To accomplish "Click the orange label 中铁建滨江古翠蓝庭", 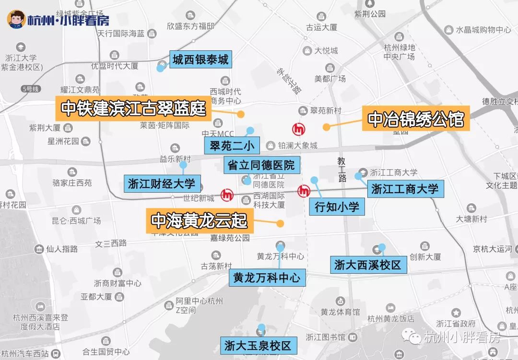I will click(x=133, y=109).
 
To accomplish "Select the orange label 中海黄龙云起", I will click(x=199, y=221).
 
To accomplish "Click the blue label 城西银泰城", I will click(x=200, y=60).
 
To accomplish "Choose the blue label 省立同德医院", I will click(x=261, y=165).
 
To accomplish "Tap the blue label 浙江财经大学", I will click(x=162, y=183).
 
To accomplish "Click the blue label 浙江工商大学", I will click(x=405, y=188).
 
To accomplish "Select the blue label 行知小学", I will click(x=337, y=207).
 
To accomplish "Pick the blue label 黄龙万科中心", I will click(x=267, y=277).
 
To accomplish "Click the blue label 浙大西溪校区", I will click(x=367, y=264).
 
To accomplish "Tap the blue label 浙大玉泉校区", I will click(x=258, y=345).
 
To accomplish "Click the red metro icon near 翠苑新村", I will click(x=299, y=129).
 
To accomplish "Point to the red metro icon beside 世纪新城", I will click(x=227, y=195).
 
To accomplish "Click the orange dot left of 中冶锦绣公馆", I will click(x=326, y=127).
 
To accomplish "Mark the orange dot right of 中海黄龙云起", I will click(x=280, y=223).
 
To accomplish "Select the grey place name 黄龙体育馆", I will click(x=340, y=312).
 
